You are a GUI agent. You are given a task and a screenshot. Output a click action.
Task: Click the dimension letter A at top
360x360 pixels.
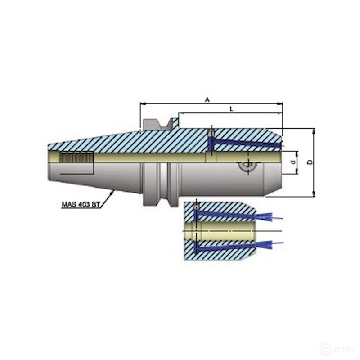coord(207,100)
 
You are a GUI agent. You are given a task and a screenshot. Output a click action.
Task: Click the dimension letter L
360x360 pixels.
coord(231,109)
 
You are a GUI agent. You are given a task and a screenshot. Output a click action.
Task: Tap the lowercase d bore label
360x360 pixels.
coord(293,162)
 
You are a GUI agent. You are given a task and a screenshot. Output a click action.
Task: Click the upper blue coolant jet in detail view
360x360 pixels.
coord(270,217)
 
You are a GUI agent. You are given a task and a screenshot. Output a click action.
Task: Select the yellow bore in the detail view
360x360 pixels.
coord(225,231)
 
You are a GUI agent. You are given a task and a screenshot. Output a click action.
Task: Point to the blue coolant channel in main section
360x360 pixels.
coord(243,143)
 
